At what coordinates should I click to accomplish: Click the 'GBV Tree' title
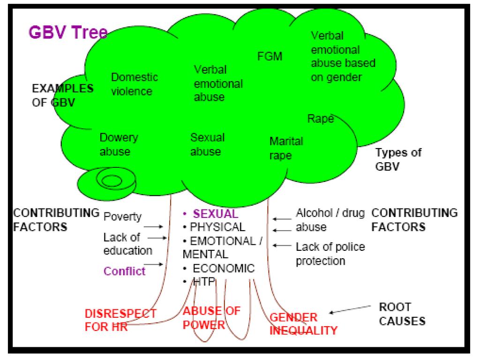(x=68, y=32)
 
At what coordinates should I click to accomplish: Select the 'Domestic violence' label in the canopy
(x=134, y=84)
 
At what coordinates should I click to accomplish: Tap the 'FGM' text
(x=270, y=57)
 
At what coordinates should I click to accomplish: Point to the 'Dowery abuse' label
(x=119, y=144)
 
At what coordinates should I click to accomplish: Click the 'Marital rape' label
(x=286, y=148)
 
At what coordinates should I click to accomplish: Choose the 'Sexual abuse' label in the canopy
(x=207, y=144)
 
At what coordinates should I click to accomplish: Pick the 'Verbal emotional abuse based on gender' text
(x=343, y=57)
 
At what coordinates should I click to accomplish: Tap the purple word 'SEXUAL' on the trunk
(x=216, y=214)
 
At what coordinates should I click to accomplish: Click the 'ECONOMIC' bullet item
(x=224, y=269)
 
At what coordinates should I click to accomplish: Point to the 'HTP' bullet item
(x=202, y=282)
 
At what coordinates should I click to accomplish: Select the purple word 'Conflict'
(x=125, y=271)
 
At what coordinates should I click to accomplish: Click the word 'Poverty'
(x=122, y=216)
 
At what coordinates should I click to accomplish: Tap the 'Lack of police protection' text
(x=330, y=253)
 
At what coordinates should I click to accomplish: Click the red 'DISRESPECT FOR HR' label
(x=120, y=320)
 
